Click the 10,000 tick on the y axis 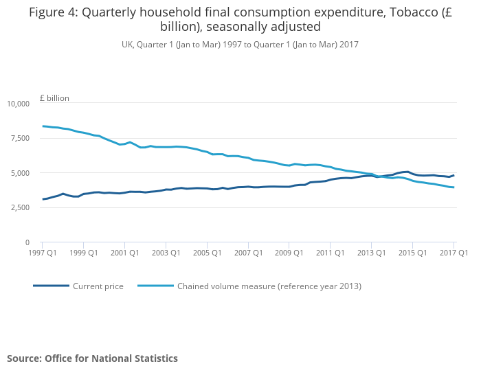click(x=18, y=104)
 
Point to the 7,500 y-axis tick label click(x=20, y=138)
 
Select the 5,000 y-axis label click(x=20, y=173)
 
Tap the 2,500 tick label click(x=20, y=207)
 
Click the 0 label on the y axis click(x=27, y=242)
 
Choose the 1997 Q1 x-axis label click(x=43, y=253)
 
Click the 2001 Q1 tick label click(x=124, y=253)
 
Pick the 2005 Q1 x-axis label click(x=207, y=253)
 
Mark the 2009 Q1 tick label click(x=289, y=253)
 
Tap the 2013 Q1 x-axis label click(x=371, y=253)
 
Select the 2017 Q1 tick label click(x=454, y=253)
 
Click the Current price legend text click(x=98, y=286)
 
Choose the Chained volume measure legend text click(x=269, y=286)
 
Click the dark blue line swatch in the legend click(x=51, y=286)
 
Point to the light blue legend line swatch click(x=155, y=286)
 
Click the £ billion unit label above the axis click(x=54, y=98)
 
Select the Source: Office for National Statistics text click(x=92, y=358)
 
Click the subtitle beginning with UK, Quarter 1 click(x=240, y=45)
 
